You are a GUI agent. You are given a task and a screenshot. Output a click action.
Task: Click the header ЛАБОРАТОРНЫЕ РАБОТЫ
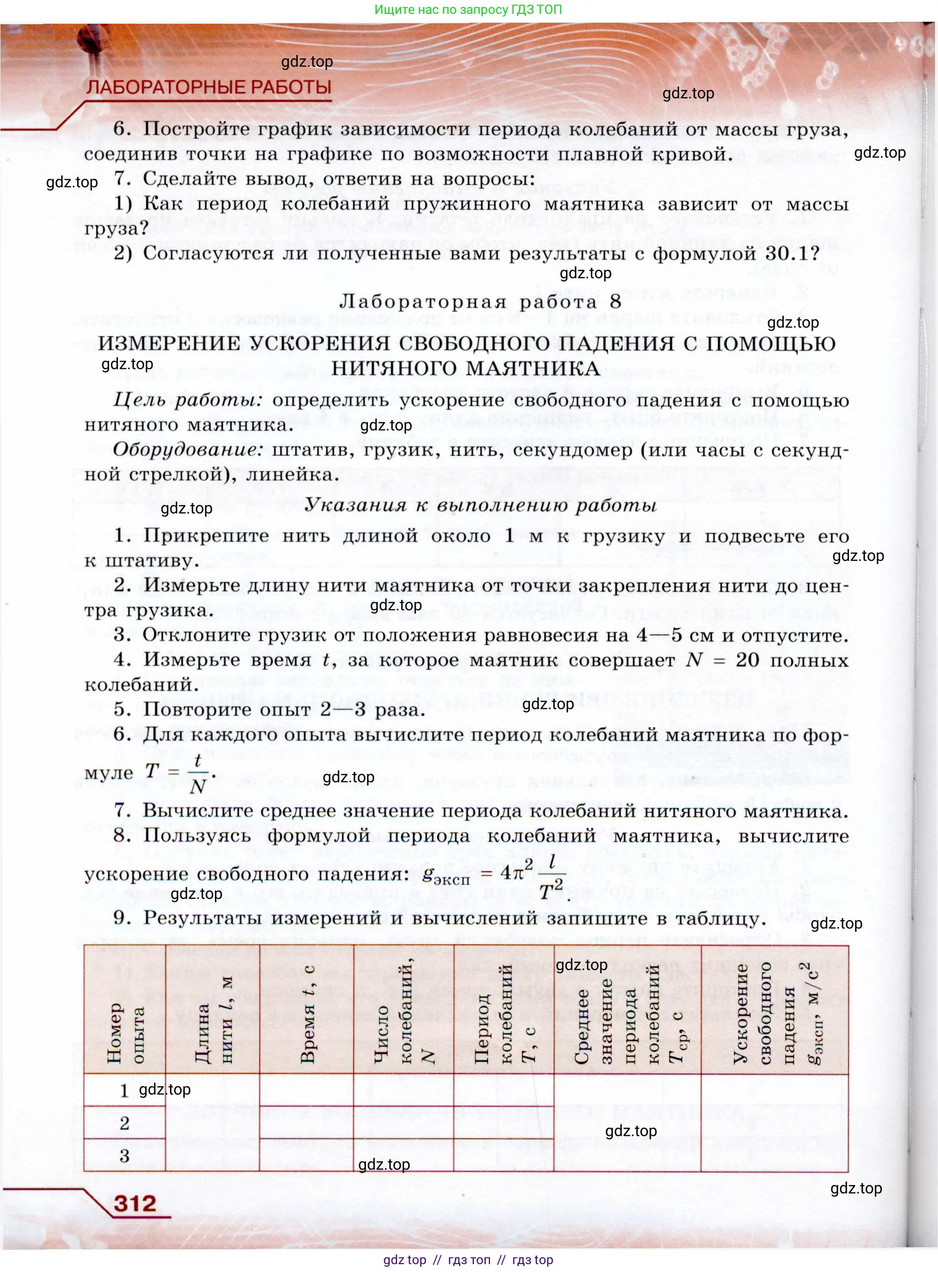point(208,87)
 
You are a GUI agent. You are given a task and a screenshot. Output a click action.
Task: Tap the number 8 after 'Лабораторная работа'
point(615,301)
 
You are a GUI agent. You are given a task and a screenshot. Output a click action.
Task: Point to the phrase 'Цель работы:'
point(187,400)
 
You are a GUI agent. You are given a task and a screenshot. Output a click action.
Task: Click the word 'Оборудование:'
point(188,449)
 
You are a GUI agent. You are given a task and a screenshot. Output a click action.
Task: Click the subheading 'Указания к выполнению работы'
point(480,505)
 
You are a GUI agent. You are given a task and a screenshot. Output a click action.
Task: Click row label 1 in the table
point(124,1091)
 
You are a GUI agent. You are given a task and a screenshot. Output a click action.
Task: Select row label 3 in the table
point(124,1155)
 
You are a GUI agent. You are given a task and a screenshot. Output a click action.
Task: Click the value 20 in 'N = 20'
point(747,660)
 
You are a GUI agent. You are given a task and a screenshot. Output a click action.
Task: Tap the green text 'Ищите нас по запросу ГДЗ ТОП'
point(468,10)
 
